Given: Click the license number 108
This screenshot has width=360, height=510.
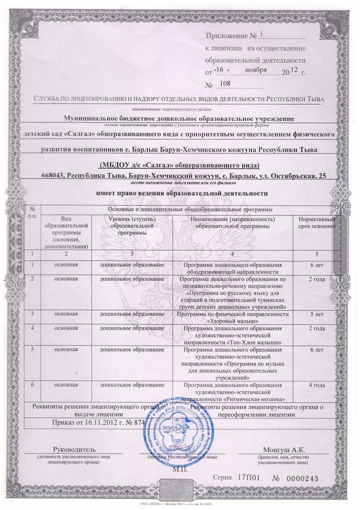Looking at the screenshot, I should (225, 84).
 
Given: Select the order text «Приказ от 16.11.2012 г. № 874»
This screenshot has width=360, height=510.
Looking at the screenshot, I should (94, 422).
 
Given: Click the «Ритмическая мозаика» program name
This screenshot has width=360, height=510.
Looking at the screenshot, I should (254, 399).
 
